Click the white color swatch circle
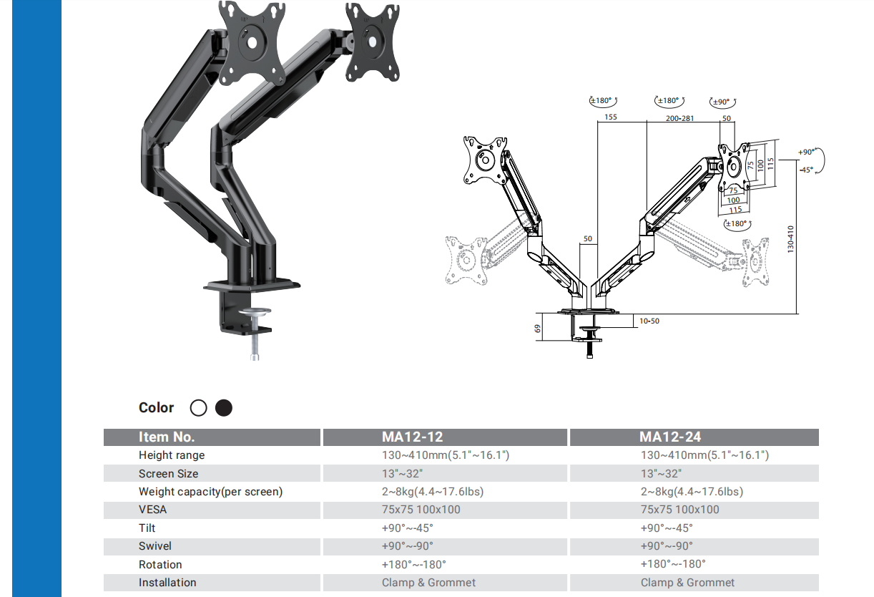coord(199,408)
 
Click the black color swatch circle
coord(224,408)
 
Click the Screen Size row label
coord(169,474)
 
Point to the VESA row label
coord(154,510)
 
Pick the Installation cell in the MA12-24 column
coord(687,583)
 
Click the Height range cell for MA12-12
coord(446,455)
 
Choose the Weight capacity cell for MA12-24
coord(692,492)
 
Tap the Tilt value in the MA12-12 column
coord(408,528)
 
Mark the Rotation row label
coord(160,565)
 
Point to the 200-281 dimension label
coord(679,118)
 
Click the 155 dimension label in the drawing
coord(610,117)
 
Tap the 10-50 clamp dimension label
coord(649,321)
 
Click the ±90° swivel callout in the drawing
coord(722,102)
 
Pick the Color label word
coord(157,408)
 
